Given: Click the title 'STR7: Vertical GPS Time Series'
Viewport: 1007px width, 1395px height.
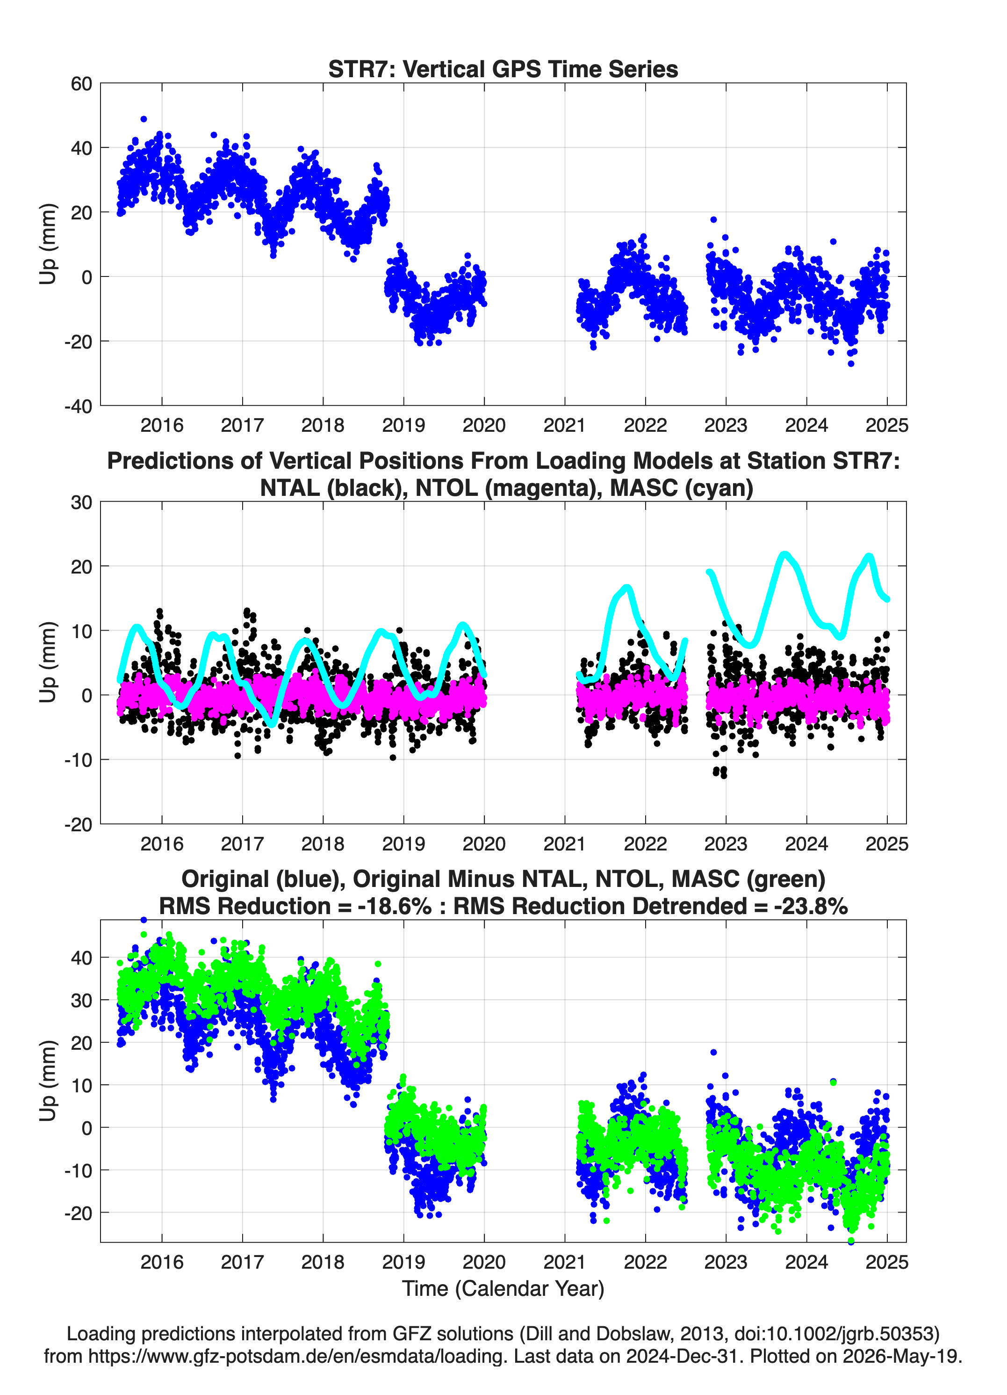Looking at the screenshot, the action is [x=503, y=69].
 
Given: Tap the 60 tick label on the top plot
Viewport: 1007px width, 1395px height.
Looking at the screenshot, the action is [x=81, y=84].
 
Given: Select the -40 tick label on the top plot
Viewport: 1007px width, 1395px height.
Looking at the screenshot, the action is [x=78, y=406].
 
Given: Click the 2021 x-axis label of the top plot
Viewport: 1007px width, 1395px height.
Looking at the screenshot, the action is [x=564, y=425].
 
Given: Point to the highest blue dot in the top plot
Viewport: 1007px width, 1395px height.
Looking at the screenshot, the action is [x=144, y=119].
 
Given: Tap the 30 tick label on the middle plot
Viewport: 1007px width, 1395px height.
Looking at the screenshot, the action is [x=81, y=502].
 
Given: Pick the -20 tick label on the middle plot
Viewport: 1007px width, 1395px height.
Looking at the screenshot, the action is [x=78, y=824].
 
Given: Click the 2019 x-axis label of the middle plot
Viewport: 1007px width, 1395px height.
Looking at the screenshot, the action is [x=403, y=843].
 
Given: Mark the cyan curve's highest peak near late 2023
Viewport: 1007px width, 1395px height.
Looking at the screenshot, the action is [x=784, y=555].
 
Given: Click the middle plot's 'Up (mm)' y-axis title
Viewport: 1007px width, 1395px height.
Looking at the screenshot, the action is [x=48, y=662].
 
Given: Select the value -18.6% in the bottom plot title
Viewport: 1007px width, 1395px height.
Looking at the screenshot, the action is [x=394, y=906].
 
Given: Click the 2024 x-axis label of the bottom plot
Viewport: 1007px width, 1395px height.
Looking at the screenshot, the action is [x=806, y=1262].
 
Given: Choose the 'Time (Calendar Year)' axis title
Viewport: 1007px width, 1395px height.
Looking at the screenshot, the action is [x=503, y=1289].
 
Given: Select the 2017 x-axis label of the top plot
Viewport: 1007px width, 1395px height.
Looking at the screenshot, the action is [x=242, y=425].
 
